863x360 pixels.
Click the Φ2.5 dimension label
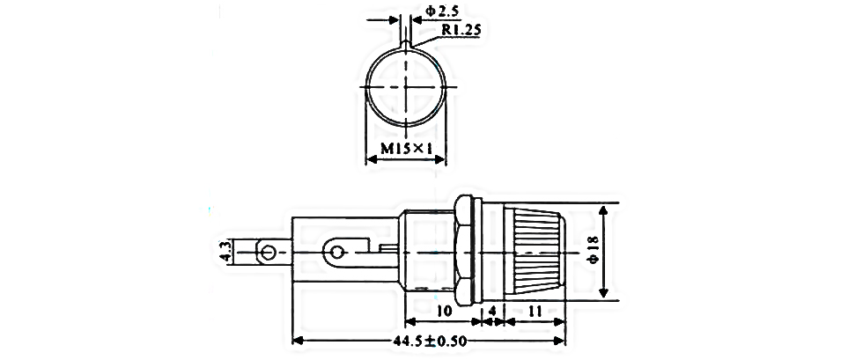click(x=442, y=11)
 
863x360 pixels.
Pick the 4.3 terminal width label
click(x=227, y=253)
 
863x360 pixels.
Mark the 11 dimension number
click(x=534, y=311)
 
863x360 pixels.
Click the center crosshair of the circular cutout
click(x=405, y=87)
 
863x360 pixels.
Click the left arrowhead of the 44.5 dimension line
click(x=297, y=341)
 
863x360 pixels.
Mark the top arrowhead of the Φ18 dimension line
click(x=604, y=211)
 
